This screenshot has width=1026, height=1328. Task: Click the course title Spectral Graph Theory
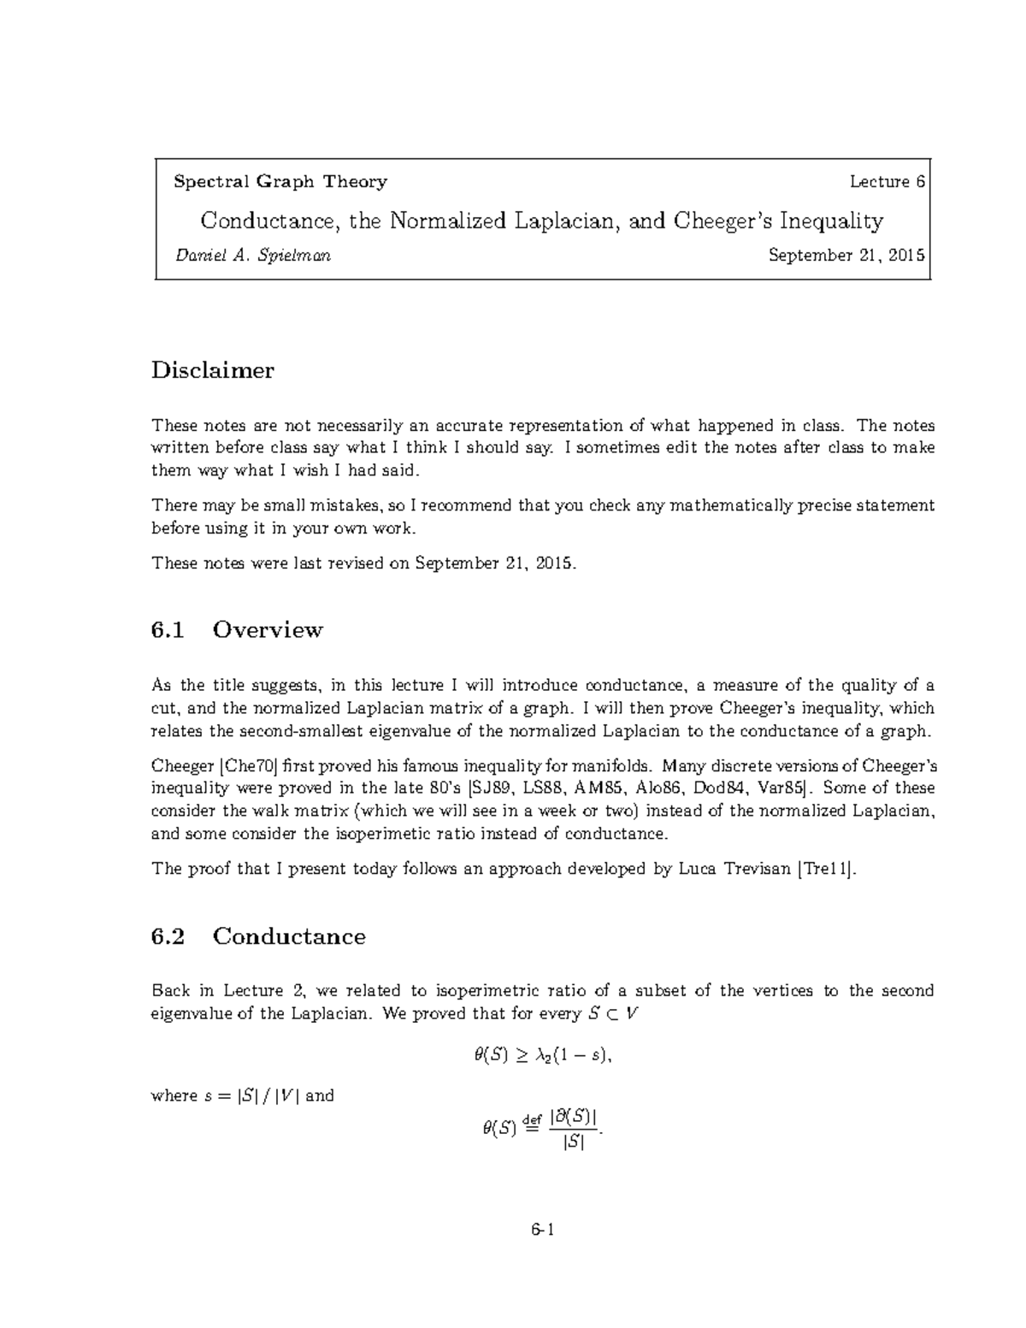click(280, 181)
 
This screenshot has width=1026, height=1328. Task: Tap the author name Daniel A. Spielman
click(252, 255)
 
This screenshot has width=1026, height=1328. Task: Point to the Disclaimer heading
click(213, 370)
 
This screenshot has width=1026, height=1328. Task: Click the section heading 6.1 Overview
click(237, 629)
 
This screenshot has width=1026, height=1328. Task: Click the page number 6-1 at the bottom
click(542, 1231)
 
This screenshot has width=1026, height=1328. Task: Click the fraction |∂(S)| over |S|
click(574, 1129)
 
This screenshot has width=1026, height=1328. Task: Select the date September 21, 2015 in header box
click(846, 255)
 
